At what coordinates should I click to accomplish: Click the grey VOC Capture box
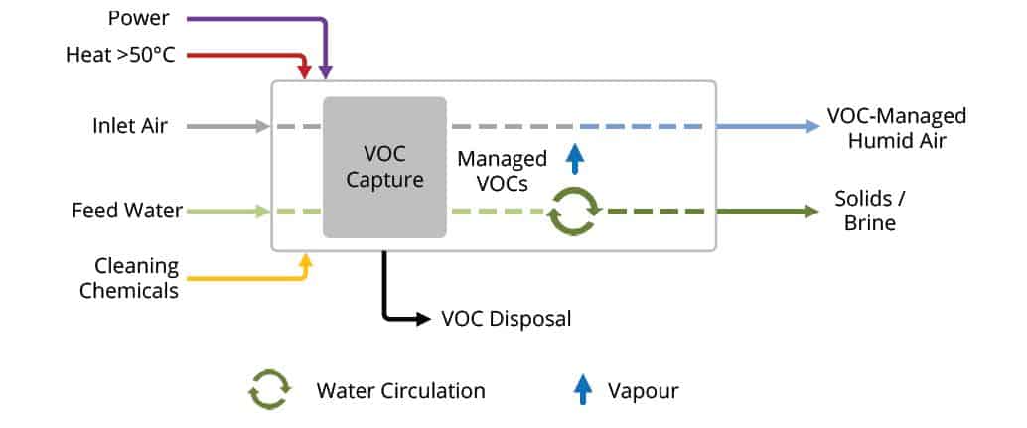coord(384,167)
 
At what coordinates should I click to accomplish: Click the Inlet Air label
coord(130,126)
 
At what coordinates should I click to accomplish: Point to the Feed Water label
coord(127,212)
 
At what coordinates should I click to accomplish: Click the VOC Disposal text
coord(507,319)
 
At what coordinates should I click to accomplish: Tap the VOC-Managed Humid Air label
coord(897,128)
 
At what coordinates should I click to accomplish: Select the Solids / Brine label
coord(869,211)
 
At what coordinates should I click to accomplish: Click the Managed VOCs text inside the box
coord(503,170)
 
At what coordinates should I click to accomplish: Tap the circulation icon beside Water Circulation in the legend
coord(269,390)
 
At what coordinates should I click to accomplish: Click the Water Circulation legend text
coord(400,390)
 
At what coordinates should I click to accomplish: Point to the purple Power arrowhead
coord(326,72)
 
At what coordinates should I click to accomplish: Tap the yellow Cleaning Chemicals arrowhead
coord(306,260)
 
